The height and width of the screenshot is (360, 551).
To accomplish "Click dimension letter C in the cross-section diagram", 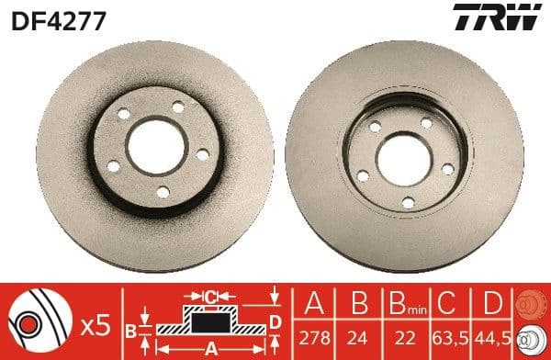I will point(210,297).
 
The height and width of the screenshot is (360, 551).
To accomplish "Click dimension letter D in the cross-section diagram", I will point(275,321).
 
